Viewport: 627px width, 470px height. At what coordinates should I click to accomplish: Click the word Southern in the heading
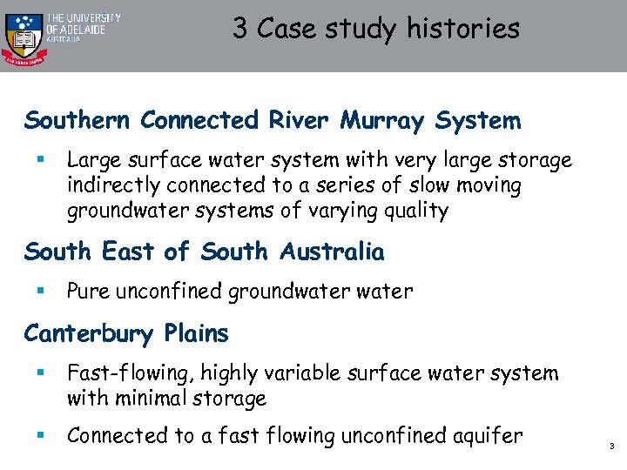pos(76,120)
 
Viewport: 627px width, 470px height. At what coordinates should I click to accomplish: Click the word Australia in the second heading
pos(332,252)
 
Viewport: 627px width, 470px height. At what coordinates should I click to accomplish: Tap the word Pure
pos(89,292)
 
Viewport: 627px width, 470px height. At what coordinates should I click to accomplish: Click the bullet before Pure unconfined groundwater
pos(39,292)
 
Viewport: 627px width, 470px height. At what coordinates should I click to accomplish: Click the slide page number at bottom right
pos(612,446)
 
